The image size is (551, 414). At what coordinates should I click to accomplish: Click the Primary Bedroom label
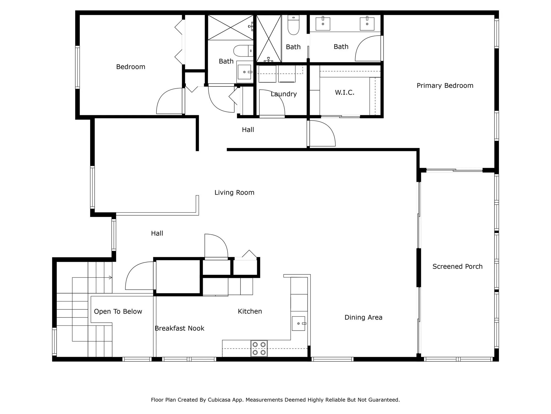pos(445,86)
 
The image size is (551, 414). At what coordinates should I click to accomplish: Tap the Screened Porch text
pos(457,266)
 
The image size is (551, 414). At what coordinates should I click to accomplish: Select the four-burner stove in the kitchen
pos(259,348)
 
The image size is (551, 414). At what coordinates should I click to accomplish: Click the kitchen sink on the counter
pos(299,323)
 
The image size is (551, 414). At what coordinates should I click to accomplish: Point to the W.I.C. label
pos(344,92)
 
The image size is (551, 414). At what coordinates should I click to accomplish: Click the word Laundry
pos(283,94)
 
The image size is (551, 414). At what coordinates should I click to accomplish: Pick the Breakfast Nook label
pos(179,328)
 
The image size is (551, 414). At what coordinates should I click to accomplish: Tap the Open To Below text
pos(118,311)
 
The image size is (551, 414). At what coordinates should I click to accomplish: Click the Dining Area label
pos(363,317)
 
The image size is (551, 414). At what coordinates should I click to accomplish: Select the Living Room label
pos(234,192)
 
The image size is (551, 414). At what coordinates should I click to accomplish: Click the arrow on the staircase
pos(110,277)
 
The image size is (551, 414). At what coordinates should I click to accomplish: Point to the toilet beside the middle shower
pos(293,26)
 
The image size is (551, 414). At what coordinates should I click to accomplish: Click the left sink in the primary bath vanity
pos(323,24)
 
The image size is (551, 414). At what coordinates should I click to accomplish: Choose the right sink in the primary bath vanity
pos(367,24)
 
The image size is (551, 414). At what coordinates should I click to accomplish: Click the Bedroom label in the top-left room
pos(131,67)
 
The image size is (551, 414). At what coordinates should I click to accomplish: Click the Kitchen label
pos(250,311)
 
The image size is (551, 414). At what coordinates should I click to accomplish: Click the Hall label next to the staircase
pos(157,233)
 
